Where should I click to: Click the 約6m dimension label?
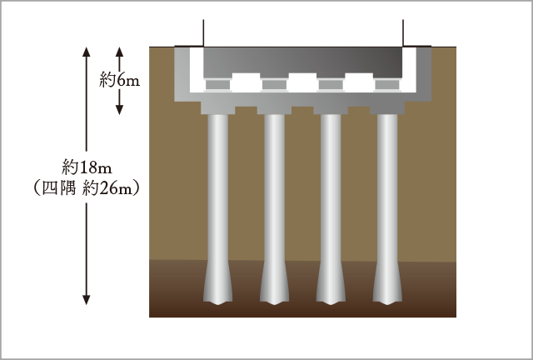[119, 81]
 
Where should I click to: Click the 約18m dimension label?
[87, 167]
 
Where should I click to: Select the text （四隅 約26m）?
[87, 187]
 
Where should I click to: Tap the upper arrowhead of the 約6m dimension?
[119, 52]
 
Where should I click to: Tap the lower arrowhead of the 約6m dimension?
[119, 109]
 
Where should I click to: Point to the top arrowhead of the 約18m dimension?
[87, 52]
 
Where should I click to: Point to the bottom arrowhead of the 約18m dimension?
[87, 300]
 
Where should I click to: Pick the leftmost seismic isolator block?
[218, 85]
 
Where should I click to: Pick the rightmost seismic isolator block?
[387, 85]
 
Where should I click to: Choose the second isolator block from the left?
[274, 85]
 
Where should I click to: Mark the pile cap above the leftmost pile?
[218, 107]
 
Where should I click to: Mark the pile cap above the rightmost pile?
[387, 107]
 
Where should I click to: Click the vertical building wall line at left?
[203, 33]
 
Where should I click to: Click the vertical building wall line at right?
[403, 33]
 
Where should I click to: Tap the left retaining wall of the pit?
[182, 74]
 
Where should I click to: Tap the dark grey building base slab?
[303, 61]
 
